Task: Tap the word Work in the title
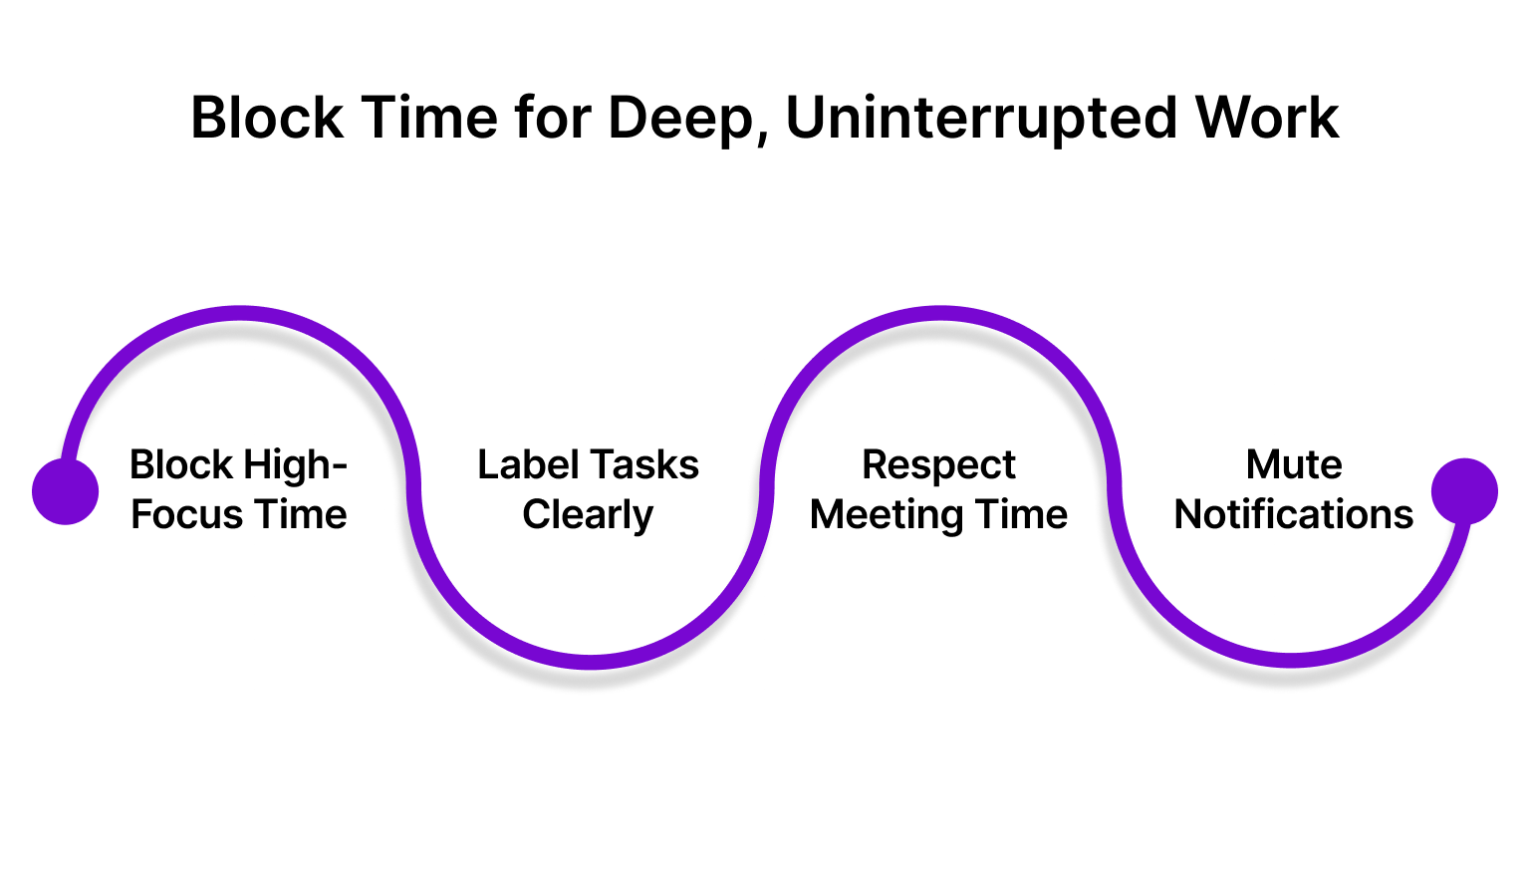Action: point(1267,118)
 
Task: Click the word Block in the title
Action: point(267,117)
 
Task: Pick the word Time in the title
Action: point(429,118)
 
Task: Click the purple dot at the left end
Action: point(66,491)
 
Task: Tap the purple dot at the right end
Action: point(1464,491)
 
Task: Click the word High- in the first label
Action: point(295,466)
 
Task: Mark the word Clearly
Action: point(588,516)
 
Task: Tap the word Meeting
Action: point(887,516)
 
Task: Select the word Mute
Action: point(1294,465)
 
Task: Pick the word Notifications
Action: point(1294,515)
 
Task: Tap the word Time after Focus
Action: point(295,515)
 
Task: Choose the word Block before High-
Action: point(182,464)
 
